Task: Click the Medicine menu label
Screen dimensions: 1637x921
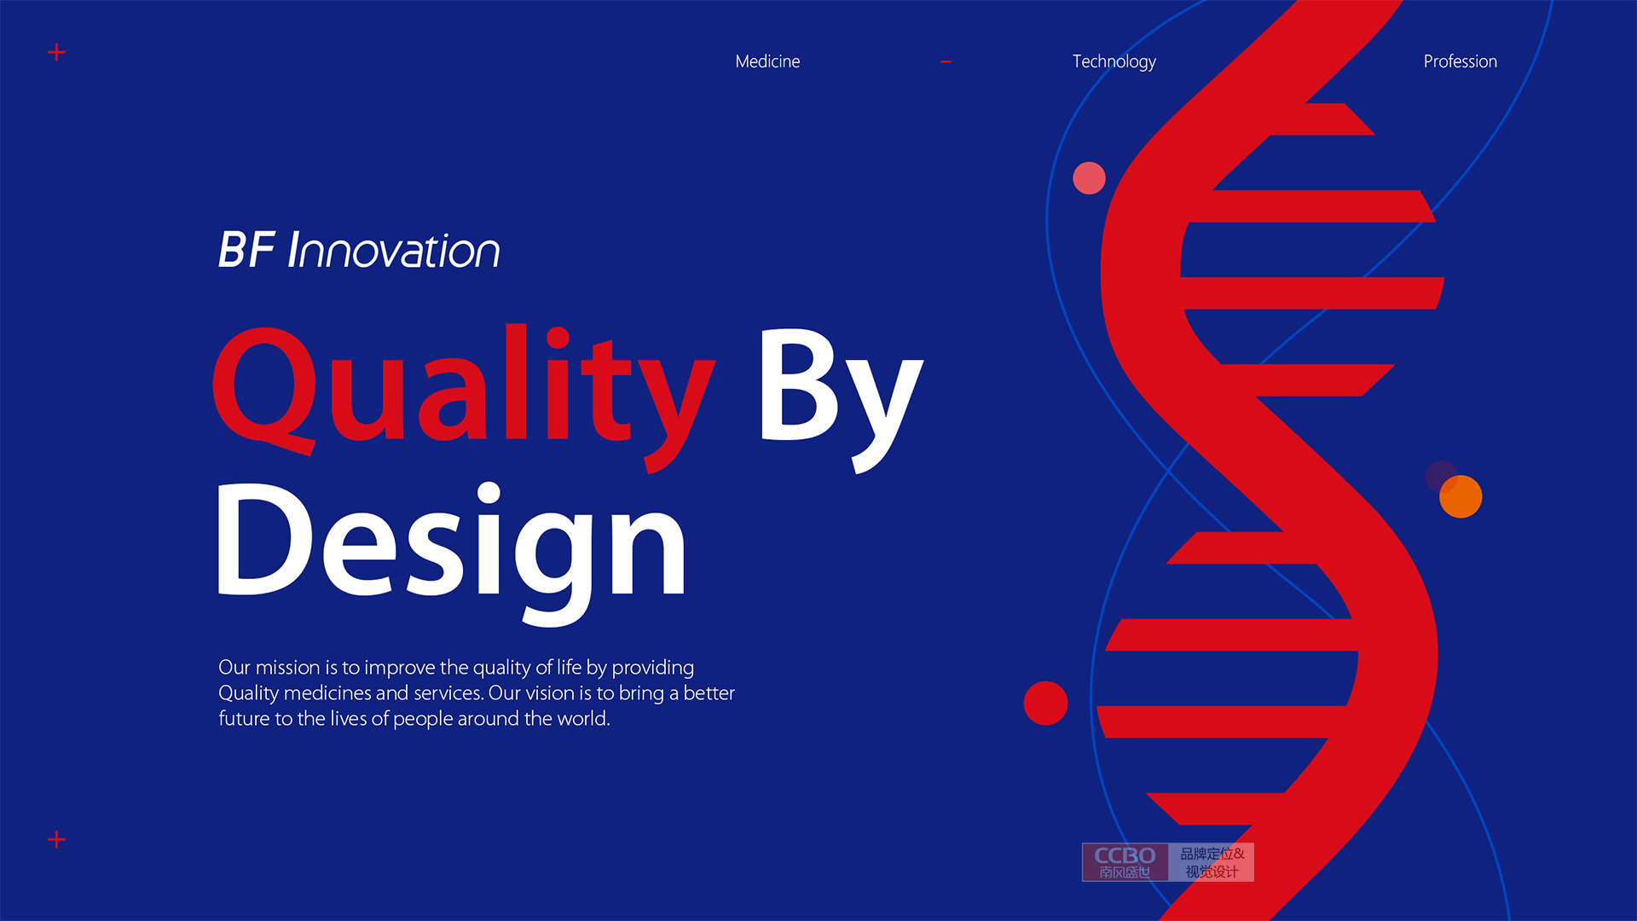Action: (x=767, y=61)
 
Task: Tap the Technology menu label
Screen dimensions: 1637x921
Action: (x=1114, y=62)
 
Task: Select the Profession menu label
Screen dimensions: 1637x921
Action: (x=1460, y=61)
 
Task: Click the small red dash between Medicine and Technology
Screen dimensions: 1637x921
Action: (x=946, y=62)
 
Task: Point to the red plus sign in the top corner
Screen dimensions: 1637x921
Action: (x=56, y=53)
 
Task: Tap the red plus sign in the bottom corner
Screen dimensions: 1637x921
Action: (x=56, y=840)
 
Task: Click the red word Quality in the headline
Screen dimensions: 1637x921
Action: (x=464, y=397)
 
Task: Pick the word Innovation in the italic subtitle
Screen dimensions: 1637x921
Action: (x=394, y=251)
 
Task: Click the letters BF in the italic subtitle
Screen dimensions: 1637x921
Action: (x=246, y=250)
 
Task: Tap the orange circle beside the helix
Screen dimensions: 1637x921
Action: (x=1461, y=496)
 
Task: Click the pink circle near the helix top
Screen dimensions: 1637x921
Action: (x=1089, y=177)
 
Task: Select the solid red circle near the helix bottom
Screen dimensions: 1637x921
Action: (x=1045, y=703)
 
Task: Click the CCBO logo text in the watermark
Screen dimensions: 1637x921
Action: (x=1125, y=855)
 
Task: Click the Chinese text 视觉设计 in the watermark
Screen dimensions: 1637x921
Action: (x=1212, y=872)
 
